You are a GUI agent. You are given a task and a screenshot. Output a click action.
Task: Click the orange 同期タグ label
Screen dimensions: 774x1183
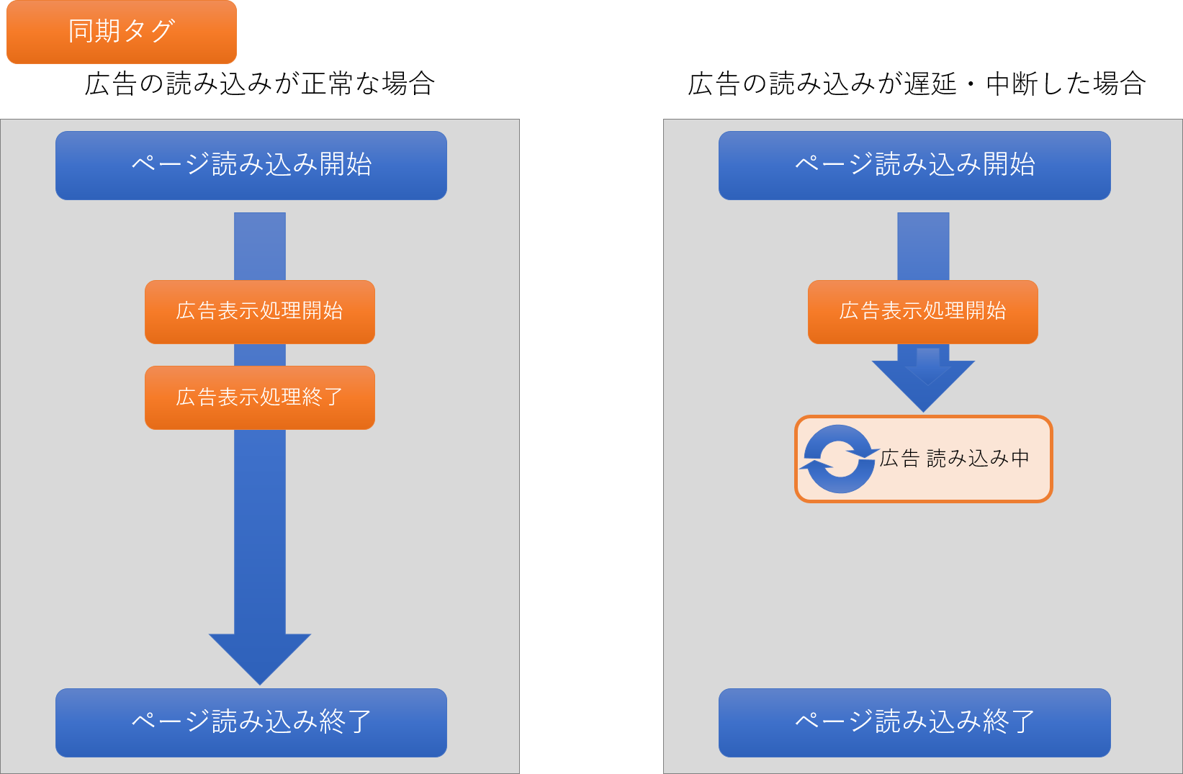(x=121, y=32)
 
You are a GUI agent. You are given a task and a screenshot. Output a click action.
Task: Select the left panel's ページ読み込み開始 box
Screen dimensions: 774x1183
(x=251, y=165)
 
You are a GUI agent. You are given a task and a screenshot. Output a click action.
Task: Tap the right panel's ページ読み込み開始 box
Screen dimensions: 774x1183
(x=914, y=165)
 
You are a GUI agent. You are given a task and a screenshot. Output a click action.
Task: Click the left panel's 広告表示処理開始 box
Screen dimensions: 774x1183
(x=259, y=311)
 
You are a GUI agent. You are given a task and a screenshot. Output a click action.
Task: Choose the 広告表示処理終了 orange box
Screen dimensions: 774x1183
(x=259, y=397)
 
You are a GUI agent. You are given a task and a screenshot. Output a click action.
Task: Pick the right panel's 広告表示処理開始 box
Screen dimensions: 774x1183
(x=922, y=311)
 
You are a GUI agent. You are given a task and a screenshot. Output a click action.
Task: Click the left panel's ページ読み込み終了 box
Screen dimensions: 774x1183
(x=251, y=722)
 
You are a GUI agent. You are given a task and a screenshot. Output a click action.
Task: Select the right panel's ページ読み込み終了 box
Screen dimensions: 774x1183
(x=914, y=722)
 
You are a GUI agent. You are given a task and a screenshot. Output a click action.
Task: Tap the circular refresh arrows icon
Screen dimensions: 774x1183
(x=839, y=459)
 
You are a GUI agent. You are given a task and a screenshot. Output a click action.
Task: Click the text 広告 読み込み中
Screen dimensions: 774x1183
(x=954, y=459)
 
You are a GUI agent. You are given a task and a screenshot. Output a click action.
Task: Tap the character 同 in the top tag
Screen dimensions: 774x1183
(x=81, y=31)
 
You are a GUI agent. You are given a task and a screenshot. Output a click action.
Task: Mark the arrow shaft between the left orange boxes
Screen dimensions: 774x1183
(x=260, y=355)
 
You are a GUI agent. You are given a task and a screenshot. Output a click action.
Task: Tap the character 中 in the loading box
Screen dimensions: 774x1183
(x=1020, y=459)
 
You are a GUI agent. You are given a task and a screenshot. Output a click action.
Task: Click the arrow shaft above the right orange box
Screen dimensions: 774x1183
(x=923, y=246)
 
